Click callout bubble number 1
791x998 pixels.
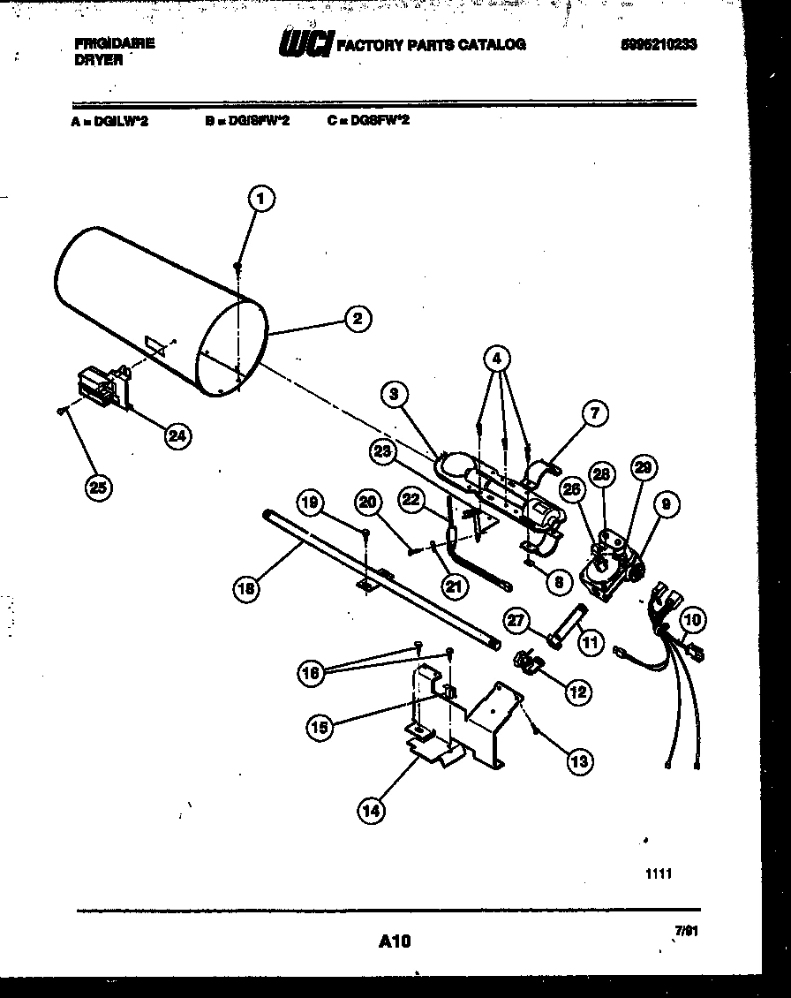point(260,200)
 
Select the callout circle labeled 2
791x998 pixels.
point(357,319)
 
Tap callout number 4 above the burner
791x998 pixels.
point(497,359)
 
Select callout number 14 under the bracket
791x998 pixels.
point(372,810)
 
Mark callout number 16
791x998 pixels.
point(311,675)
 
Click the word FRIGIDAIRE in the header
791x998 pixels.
point(114,43)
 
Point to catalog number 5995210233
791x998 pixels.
point(658,44)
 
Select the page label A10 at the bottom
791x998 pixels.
point(395,941)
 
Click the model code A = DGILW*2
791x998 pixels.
point(109,122)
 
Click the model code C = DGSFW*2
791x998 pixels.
point(368,121)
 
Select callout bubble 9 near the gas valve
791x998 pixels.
point(667,504)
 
